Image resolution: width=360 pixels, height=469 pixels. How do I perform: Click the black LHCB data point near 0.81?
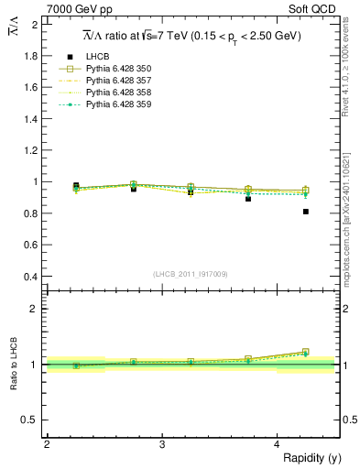(305, 212)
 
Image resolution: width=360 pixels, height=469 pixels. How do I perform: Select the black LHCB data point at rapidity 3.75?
(248, 198)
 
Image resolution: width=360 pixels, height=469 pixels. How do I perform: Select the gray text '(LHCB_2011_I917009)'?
(191, 274)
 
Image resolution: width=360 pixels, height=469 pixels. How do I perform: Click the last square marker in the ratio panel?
(305, 351)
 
